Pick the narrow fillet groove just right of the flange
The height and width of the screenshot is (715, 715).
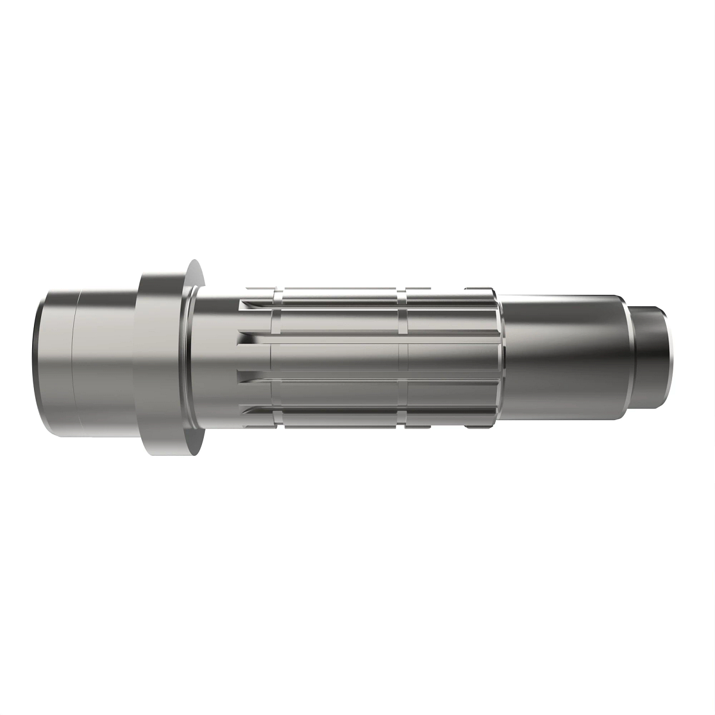click(190, 363)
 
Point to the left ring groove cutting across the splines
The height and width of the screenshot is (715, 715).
click(276, 357)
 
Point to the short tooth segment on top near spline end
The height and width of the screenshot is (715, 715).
click(477, 290)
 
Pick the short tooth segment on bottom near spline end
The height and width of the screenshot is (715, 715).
click(477, 427)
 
